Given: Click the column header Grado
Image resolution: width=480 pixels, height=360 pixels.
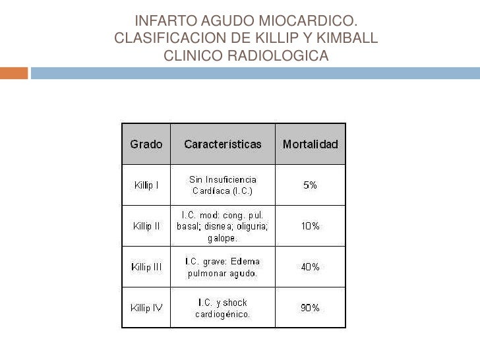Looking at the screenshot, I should click(x=146, y=144).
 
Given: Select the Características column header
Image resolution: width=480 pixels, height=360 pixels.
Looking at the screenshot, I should click(x=223, y=144).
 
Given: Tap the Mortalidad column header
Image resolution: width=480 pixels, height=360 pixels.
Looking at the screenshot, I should click(x=310, y=144).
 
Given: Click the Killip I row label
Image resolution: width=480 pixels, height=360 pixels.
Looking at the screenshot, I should click(x=146, y=185).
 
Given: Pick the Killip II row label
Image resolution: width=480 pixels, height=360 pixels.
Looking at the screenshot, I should click(x=146, y=226).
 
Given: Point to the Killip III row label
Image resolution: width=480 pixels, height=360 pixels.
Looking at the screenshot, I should click(x=146, y=267).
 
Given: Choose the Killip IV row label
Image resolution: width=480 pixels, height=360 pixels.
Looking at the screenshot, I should click(x=146, y=308).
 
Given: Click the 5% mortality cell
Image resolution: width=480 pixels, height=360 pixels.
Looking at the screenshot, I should click(x=310, y=185).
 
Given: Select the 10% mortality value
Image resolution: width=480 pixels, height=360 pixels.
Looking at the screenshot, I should click(x=310, y=226).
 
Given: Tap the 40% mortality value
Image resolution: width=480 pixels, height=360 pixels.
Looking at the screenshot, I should click(x=310, y=267).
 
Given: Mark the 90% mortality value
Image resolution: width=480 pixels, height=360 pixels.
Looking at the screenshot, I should click(x=310, y=308).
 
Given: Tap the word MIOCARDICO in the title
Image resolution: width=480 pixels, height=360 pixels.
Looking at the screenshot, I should click(x=313, y=22).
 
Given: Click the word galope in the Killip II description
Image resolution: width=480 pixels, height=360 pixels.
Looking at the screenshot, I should click(x=220, y=237).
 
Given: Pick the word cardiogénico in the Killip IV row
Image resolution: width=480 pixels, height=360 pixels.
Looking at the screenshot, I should click(x=222, y=314).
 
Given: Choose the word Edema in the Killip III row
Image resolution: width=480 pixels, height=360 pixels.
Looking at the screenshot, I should click(x=245, y=261).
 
